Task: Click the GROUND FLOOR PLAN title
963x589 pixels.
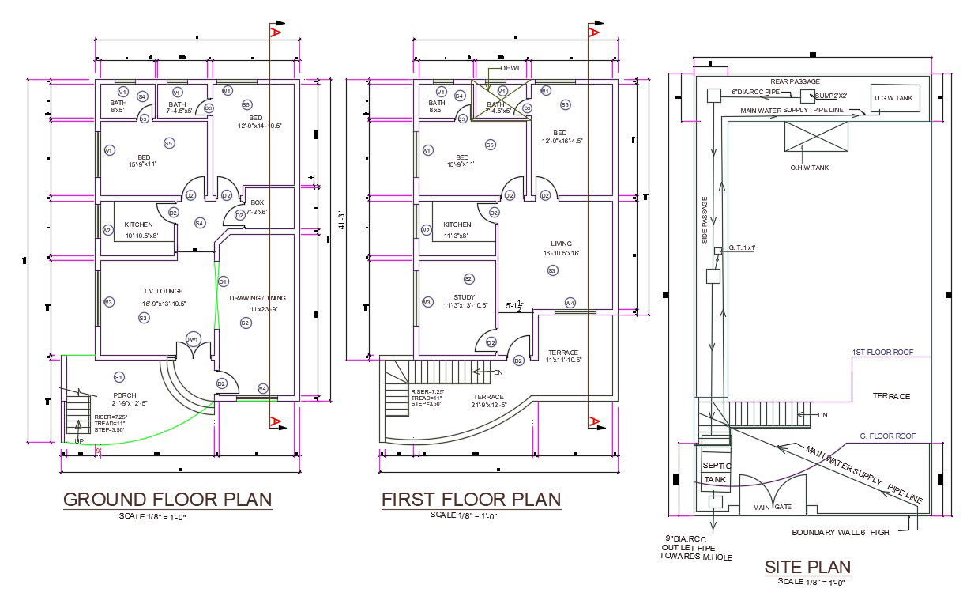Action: pos(167,500)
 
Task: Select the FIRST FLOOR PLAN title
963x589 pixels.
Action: pos(472,500)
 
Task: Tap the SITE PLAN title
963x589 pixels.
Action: pos(807,566)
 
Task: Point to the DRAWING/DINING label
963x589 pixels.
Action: pos(258,298)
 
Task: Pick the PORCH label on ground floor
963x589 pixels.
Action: pos(124,395)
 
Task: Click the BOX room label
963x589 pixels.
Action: pos(258,203)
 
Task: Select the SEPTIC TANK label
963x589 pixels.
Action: pos(717,472)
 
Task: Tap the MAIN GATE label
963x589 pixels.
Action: pos(772,507)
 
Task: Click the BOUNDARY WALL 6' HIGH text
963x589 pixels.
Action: pos(841,532)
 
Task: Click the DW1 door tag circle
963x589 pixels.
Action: pos(192,338)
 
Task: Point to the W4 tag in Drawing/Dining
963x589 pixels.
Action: pos(262,388)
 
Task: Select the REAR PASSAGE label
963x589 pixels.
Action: pos(795,81)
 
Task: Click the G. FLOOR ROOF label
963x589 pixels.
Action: pos(887,436)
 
